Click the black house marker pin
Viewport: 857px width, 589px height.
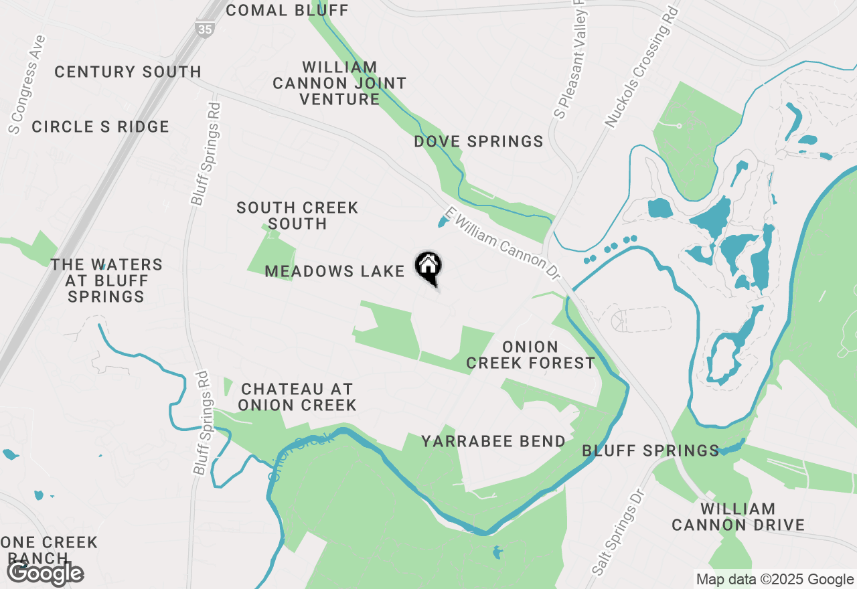click(428, 267)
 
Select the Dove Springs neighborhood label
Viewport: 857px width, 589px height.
click(478, 141)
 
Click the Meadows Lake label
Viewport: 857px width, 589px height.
click(335, 271)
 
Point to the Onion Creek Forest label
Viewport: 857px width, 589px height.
click(530, 355)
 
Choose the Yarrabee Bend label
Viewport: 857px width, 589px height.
click(493, 441)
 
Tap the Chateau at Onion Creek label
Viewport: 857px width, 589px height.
click(297, 397)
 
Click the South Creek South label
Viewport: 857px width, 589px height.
click(297, 216)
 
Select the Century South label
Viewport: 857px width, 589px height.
click(128, 72)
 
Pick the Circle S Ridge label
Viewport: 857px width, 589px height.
click(100, 127)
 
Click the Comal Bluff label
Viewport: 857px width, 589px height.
click(287, 10)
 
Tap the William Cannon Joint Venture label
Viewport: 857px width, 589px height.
click(339, 83)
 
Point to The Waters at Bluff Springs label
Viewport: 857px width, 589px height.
click(106, 280)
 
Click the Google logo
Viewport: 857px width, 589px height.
click(46, 573)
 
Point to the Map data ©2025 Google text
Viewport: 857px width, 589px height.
click(775, 580)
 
